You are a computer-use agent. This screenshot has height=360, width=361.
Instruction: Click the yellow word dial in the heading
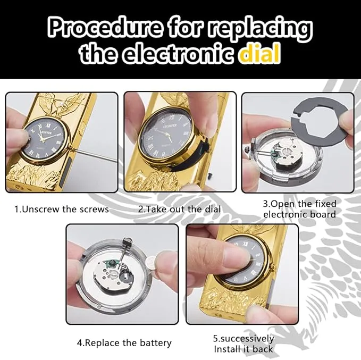[260, 54]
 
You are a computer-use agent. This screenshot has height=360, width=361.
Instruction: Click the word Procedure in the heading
[104, 28]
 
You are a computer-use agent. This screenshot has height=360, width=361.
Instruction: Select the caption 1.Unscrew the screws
[62, 210]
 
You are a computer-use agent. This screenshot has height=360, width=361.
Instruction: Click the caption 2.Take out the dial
[180, 210]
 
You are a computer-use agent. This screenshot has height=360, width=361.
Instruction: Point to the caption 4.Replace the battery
[124, 343]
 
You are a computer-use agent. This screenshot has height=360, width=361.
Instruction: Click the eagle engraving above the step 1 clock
[61, 104]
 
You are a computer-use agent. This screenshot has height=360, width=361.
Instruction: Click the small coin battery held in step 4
[152, 261]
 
